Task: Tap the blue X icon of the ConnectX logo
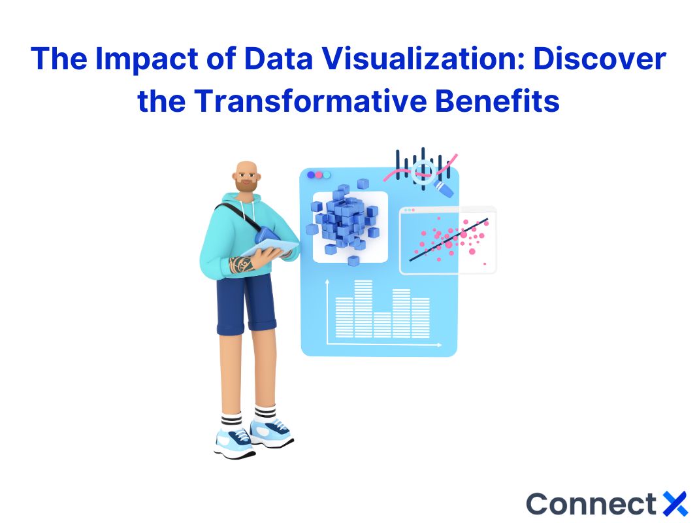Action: coord(675,504)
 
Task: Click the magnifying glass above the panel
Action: coord(428,172)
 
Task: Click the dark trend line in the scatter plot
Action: coord(447,239)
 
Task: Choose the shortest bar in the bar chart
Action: coord(382,324)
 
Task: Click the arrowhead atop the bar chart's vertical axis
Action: coord(327,282)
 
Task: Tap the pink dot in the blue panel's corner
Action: coord(319,175)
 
